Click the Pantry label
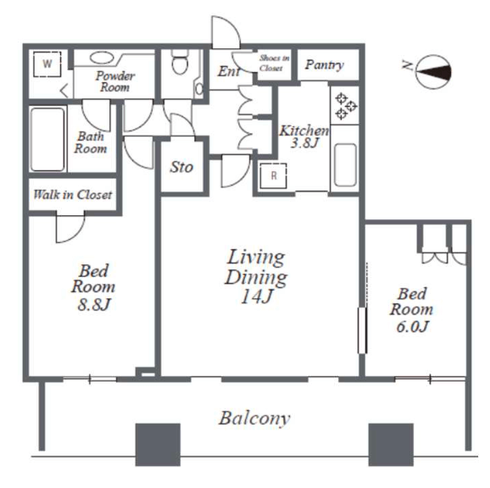(325, 65)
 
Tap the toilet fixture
(180, 62)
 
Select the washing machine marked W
(47, 64)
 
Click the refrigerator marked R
(273, 175)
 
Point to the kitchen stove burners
(345, 106)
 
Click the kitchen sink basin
(345, 165)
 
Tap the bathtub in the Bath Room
(47, 139)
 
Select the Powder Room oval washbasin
(102, 58)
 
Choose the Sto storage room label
(181, 168)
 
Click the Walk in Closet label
(73, 195)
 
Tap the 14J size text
(257, 296)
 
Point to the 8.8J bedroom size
(94, 304)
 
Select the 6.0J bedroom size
(412, 326)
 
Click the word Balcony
(254, 419)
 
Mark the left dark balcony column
(158, 445)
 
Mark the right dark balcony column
(391, 445)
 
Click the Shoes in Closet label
(274, 63)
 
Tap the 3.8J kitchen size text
(304, 143)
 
